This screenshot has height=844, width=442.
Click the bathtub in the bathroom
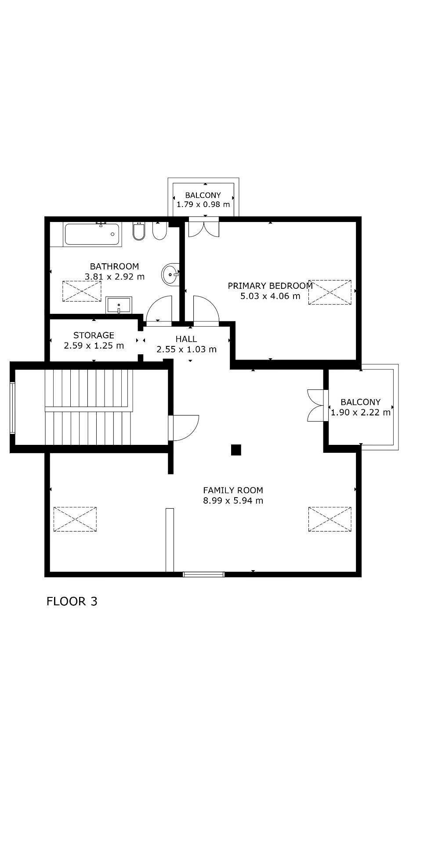92,234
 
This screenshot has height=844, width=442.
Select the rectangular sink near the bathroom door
119,305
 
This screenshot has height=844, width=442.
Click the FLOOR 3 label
72,601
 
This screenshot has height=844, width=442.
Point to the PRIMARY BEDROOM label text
270,286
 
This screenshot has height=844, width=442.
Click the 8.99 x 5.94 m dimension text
233,501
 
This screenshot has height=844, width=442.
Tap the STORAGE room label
94,335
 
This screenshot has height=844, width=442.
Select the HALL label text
186,339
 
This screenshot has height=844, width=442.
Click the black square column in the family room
236,450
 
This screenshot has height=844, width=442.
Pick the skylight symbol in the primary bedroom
330,292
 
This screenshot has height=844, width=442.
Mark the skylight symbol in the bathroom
82,291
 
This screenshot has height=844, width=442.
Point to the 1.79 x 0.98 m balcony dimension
203,204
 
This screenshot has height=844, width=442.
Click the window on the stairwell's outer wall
13,407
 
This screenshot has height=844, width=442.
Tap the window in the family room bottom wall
204,574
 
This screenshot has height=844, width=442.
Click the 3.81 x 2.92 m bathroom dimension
115,276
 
